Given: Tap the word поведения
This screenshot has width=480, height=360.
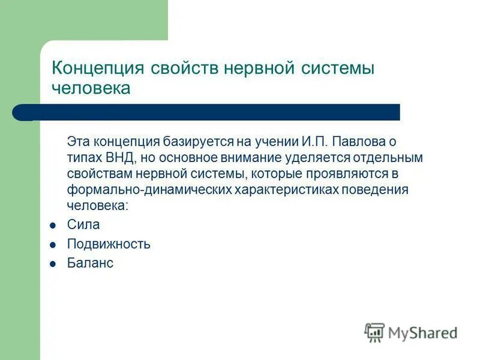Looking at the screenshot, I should (x=375, y=189).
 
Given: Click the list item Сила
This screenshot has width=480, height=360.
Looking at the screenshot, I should (x=83, y=225).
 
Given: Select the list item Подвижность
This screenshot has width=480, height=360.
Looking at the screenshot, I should (x=109, y=244).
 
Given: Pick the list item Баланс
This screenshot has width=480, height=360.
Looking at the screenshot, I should (x=90, y=263).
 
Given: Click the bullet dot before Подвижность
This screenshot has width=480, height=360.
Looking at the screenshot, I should (x=53, y=245).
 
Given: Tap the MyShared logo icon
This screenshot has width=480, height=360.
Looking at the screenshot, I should (x=374, y=332).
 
